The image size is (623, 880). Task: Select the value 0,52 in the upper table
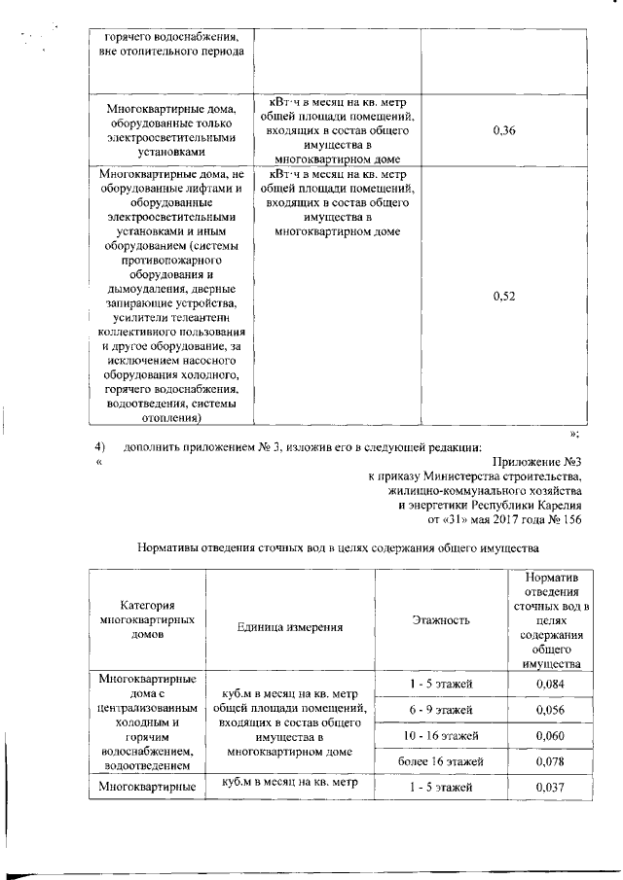pyautogui.click(x=504, y=297)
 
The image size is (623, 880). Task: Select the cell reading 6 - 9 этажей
pyautogui.click(x=441, y=711)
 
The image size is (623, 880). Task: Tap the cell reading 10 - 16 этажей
pyautogui.click(x=441, y=736)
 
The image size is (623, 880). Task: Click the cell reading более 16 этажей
pyautogui.click(x=441, y=760)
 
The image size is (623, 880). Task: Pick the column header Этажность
pyautogui.click(x=441, y=619)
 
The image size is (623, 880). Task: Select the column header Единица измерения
pyautogui.click(x=290, y=626)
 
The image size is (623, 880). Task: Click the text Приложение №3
pyautogui.click(x=537, y=462)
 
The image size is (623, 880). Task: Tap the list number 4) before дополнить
pyautogui.click(x=99, y=447)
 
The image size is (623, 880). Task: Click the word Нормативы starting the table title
pyautogui.click(x=172, y=548)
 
